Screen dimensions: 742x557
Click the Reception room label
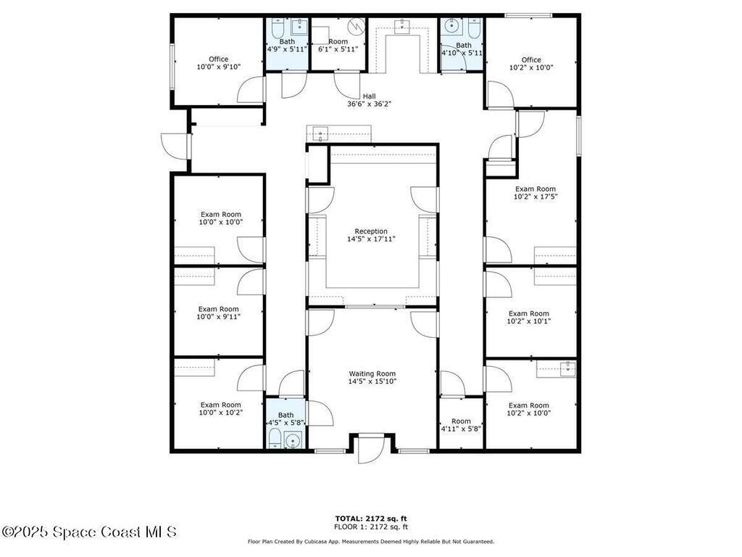pos(371,231)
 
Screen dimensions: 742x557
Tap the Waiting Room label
pos(372,374)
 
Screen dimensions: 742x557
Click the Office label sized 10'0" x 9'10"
pos(219,59)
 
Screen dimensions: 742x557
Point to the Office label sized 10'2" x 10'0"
pos(531,59)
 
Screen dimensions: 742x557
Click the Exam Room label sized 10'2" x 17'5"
pos(535,189)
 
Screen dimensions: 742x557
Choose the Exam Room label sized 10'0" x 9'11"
pos(219,309)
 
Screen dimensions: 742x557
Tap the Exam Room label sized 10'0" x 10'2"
pos(221,405)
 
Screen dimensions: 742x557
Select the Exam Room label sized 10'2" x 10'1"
pos(528,313)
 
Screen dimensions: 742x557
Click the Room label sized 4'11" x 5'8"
pos(461,421)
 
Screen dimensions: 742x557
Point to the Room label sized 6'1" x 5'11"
pos(338,41)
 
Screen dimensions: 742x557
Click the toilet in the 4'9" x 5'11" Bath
pos(278,28)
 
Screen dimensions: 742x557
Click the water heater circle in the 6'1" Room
pos(356,26)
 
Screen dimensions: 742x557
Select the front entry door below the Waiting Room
pos(370,450)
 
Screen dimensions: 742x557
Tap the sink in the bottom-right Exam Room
pos(566,368)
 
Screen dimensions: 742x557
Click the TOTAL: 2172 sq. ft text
pos(371,519)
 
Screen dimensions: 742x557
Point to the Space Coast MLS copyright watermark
pos(89,532)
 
